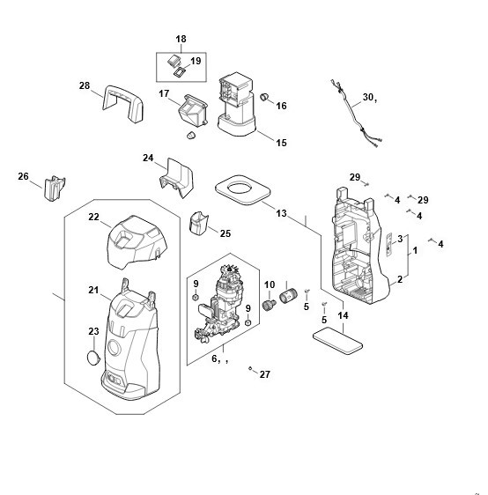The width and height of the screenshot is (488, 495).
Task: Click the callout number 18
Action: pos(181,39)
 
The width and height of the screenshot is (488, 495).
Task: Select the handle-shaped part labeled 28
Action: pos(123,101)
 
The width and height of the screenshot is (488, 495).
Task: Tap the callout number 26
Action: pos(23,176)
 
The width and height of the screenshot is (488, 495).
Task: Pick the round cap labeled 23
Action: pos(93,358)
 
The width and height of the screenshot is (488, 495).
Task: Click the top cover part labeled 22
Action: pos(137,242)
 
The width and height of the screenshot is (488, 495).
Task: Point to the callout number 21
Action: pos(93,290)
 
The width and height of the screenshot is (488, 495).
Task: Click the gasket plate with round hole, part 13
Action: pos(243,189)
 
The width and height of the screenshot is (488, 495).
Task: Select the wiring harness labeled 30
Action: pos(356,113)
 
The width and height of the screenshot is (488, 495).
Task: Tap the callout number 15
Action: pos(281,143)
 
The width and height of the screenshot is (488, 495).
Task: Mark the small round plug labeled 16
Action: pos(264,97)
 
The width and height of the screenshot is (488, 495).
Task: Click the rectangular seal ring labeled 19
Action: pos(180,72)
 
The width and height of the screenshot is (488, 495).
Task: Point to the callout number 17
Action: pos(164,93)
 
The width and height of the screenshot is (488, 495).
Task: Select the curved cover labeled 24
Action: pos(176,178)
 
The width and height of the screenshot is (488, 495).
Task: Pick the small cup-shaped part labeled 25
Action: pos(198,224)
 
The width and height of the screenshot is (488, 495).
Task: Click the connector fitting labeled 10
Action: pos(269,306)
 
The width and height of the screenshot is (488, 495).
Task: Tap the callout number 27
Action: pos(265,374)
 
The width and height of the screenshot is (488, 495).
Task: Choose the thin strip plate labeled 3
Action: pos(389,245)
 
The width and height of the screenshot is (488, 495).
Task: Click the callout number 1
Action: pos(415,250)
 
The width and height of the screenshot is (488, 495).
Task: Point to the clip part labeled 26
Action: pos(55,188)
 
